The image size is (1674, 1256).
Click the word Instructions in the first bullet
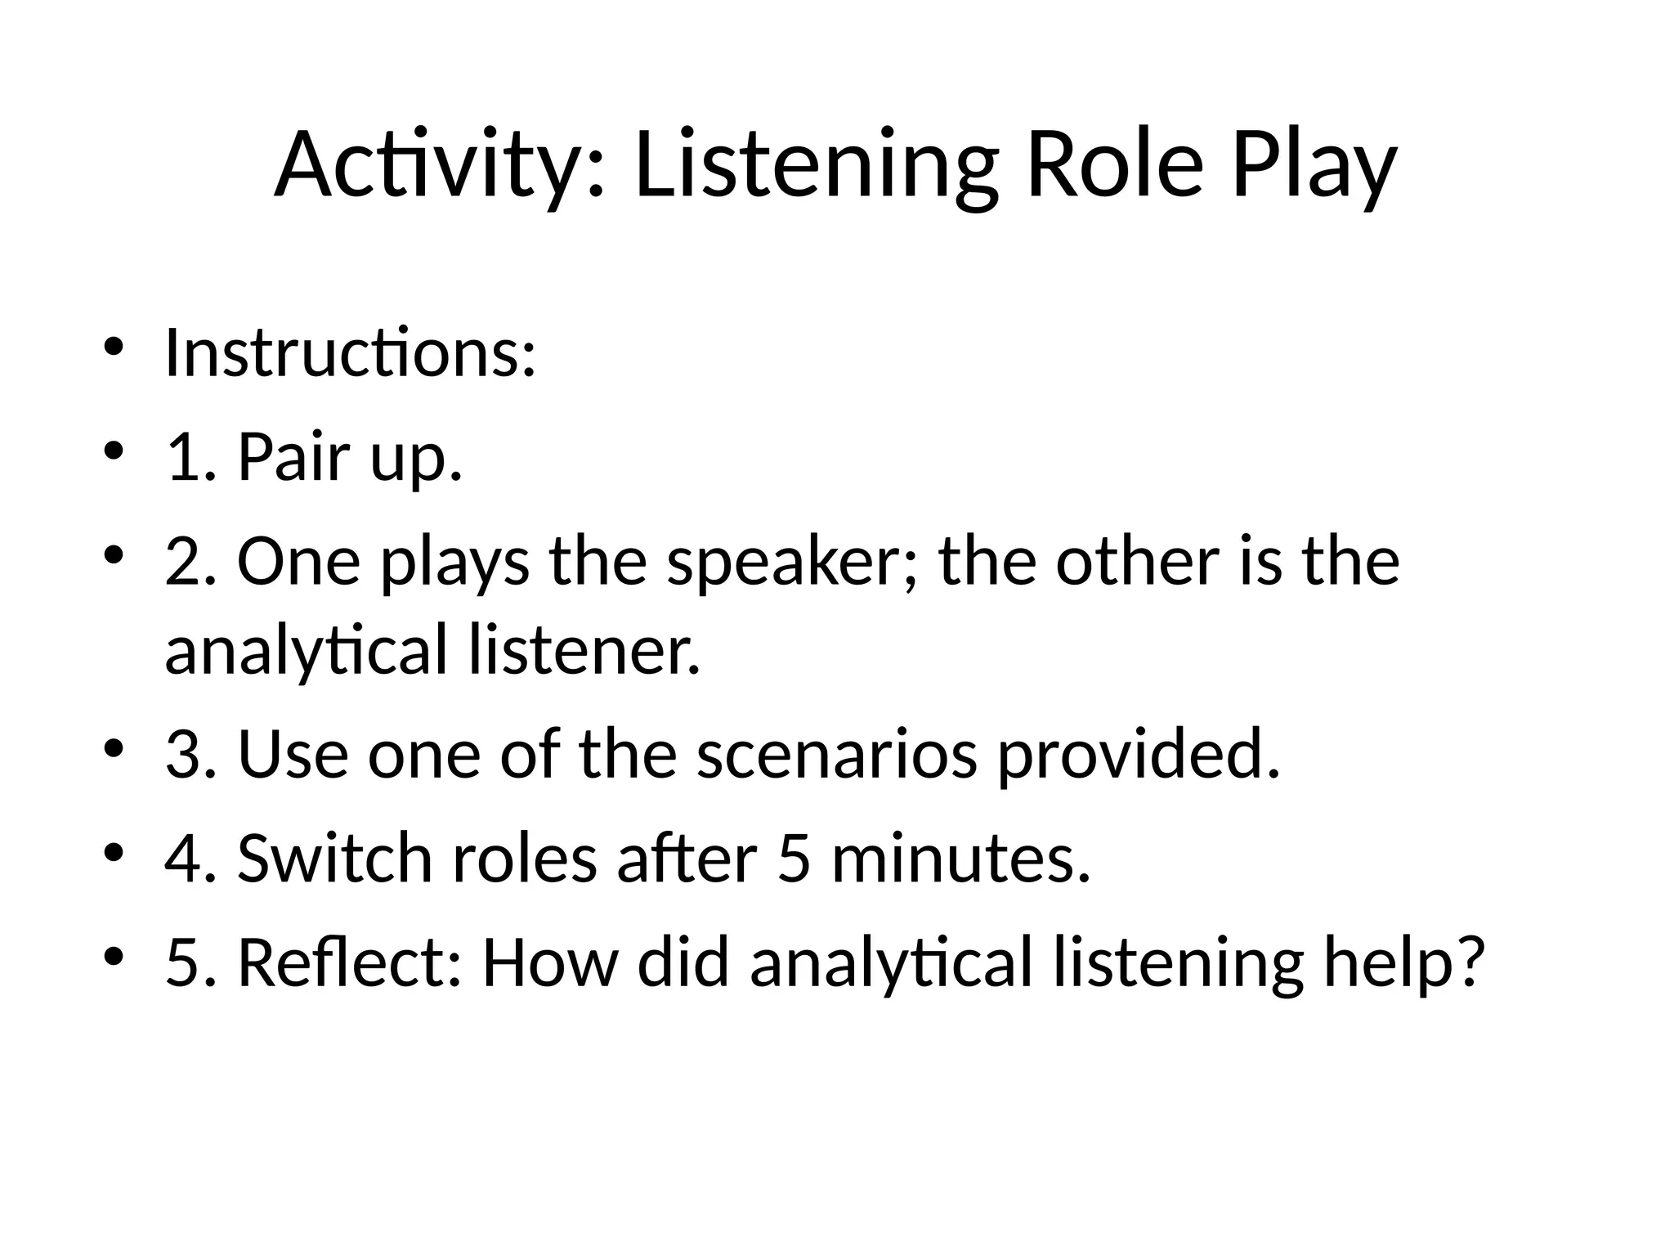coord(350,353)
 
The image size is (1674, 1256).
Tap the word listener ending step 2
coord(584,649)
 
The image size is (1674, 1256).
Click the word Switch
coord(334,858)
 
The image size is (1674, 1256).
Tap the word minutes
coord(960,858)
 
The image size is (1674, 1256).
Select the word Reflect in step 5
coord(351,962)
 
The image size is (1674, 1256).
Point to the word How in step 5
coord(550,962)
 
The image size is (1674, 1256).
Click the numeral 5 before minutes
coord(794,858)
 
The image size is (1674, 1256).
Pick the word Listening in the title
coord(817,165)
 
